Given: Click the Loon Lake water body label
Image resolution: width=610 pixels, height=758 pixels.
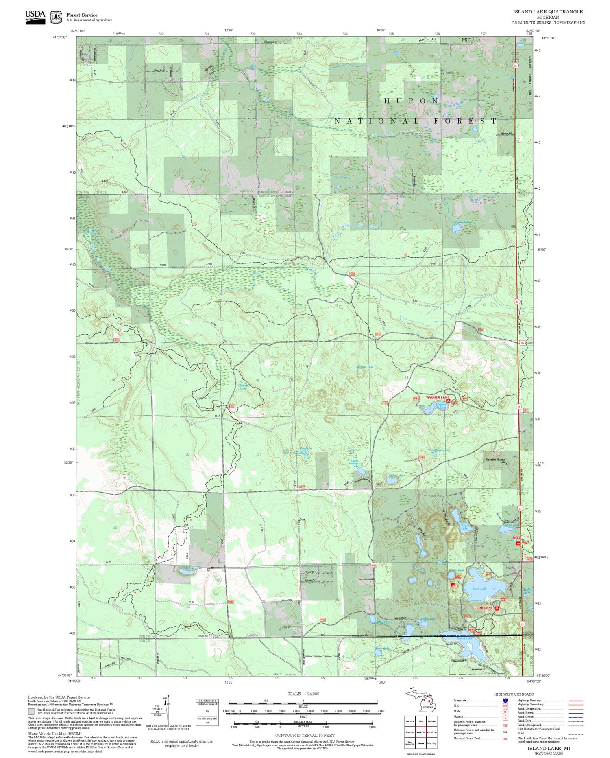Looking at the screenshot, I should pos(479,589).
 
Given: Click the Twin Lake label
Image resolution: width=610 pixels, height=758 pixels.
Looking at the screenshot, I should pos(464,527).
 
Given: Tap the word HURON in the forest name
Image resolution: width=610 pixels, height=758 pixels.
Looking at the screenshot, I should pos(412,101).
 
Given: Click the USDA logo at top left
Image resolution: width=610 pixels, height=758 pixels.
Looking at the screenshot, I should pos(35,17).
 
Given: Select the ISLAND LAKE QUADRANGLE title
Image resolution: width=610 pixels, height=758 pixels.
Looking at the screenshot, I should pos(548,12).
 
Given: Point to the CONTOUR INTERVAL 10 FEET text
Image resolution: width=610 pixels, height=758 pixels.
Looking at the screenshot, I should pos(305,735).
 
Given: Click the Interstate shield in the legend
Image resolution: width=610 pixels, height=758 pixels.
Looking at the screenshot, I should pos(505,700).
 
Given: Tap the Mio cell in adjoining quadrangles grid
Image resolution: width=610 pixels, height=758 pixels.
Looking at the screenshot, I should pos(421,721).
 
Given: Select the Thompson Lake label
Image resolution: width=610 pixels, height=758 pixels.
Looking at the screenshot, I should pos(439,450).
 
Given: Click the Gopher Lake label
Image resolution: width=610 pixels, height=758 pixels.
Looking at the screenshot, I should pos(365,367).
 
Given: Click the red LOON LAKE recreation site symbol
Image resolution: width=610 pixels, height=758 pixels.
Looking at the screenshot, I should pos(497,608).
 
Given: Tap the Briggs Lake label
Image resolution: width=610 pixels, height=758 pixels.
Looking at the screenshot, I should pos(428,618).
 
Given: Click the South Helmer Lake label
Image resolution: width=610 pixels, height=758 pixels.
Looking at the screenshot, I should pos(355,463).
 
